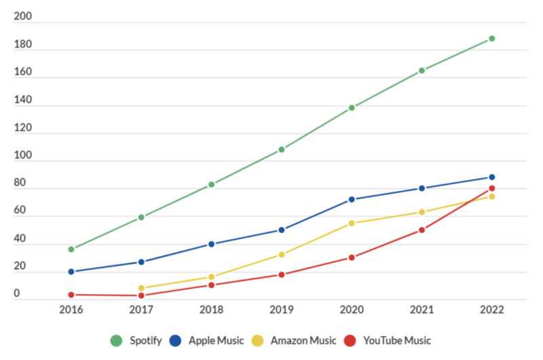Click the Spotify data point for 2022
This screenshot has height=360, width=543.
491,39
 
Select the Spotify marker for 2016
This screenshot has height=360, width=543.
71,249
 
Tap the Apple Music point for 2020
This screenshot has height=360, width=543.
352,200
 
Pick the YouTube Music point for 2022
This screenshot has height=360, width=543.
491,189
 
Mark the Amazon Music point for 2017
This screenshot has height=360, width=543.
141,288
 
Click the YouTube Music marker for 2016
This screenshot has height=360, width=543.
71,295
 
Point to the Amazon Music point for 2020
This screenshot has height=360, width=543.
352,223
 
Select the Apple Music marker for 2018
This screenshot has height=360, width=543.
211,244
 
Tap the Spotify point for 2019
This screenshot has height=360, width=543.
281,149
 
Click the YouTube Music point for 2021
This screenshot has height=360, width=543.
422,230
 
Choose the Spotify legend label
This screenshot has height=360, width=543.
145,340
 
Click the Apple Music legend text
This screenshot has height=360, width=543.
216,340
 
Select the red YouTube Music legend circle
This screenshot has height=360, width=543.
350,340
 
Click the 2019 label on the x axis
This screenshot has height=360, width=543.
281,310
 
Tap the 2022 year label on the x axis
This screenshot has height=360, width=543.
491,310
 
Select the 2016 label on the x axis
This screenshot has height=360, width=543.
71,310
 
